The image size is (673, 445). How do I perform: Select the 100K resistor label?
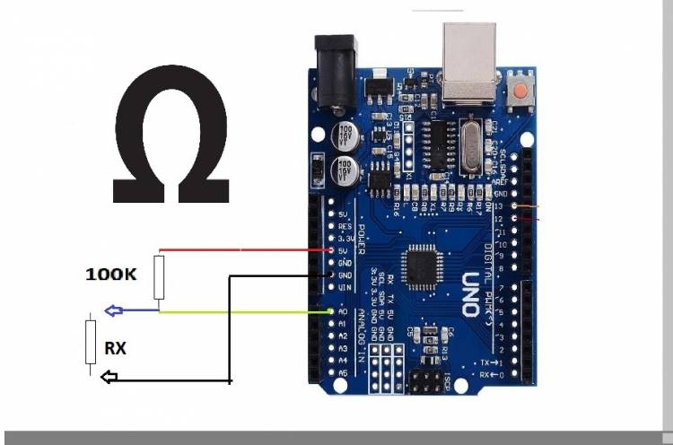tap(110, 274)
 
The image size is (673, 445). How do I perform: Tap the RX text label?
tap(115, 347)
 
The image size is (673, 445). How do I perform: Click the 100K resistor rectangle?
tap(160, 277)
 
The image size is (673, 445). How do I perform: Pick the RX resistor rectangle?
tap(91, 342)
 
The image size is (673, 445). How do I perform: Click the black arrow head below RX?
tap(107, 379)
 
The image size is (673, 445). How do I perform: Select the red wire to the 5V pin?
tap(242, 249)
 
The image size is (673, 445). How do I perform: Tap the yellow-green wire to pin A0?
tap(242, 311)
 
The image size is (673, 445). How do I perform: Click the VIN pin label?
tap(344, 286)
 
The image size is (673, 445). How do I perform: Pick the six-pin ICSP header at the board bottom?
tap(428, 382)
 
